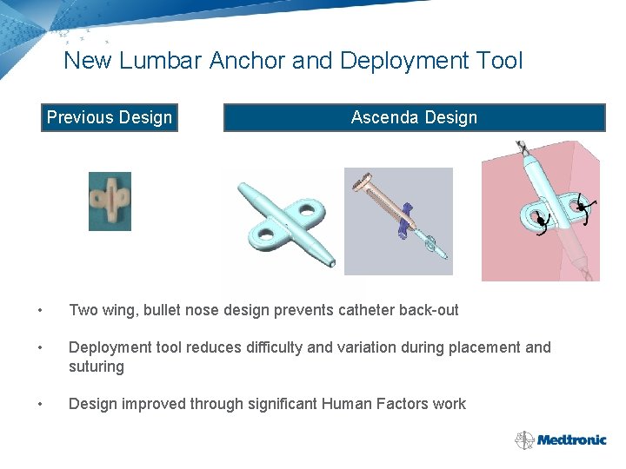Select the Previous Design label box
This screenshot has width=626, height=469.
click(x=110, y=117)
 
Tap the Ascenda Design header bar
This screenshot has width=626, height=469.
click(x=414, y=117)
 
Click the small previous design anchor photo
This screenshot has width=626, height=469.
click(x=110, y=201)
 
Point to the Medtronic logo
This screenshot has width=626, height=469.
click(x=561, y=439)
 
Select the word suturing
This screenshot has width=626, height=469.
click(x=97, y=367)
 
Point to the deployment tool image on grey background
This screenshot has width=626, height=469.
click(x=398, y=221)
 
